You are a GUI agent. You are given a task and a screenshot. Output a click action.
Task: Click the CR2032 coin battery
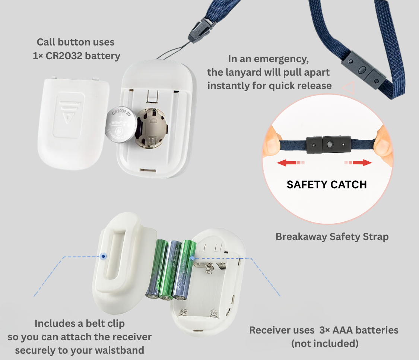point(122,125)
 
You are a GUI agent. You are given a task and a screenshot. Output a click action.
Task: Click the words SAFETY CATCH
point(327,184)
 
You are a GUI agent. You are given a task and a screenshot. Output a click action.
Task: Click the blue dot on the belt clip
point(104,256)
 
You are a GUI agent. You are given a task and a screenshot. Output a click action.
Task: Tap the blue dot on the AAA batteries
point(192,258)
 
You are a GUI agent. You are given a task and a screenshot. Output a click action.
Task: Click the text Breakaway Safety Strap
point(332,237)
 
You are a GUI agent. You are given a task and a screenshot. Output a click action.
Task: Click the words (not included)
point(325,343)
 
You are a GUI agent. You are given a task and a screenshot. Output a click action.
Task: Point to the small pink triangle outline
point(348,88)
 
